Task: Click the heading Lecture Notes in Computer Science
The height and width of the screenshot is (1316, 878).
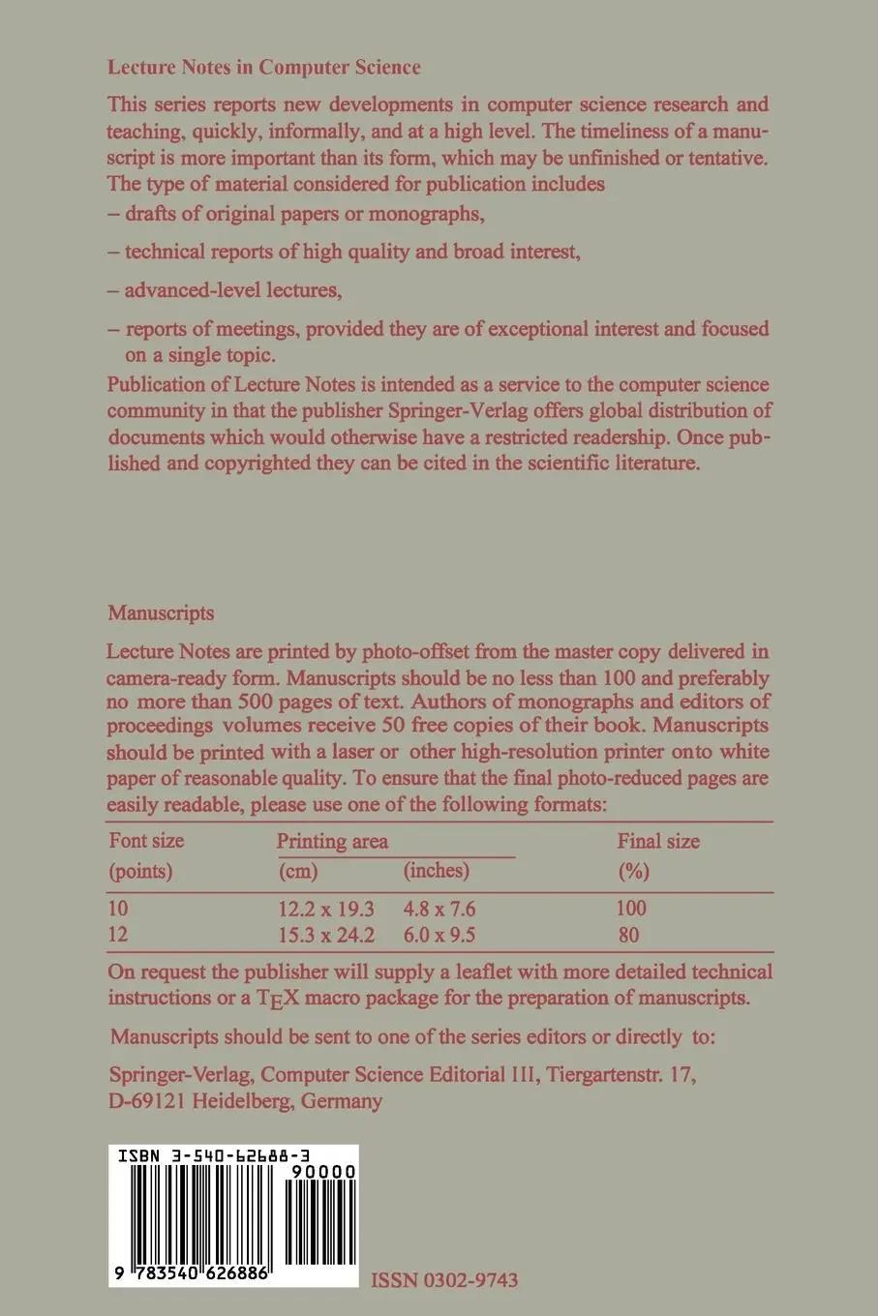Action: pos(264,68)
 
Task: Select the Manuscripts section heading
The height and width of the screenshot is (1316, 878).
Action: pos(161,613)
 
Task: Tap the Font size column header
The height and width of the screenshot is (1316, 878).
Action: pos(146,840)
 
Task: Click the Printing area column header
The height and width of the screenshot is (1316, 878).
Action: pos(332,841)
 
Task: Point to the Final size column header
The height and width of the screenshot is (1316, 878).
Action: pos(658,841)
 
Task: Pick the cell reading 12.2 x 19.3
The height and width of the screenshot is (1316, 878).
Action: pos(326,909)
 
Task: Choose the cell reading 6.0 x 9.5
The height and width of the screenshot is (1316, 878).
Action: pos(439,935)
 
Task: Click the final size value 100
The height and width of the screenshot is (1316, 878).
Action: pos(630,909)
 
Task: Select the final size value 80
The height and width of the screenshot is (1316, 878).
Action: pos(627,935)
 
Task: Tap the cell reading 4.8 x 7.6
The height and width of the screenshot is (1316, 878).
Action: pos(439,909)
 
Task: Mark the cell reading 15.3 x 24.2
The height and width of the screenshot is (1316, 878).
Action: pos(326,935)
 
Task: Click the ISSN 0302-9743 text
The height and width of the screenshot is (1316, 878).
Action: pos(444,1280)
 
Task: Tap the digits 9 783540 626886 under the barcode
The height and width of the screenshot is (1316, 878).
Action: pos(191,1275)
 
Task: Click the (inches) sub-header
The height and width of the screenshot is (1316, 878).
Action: pos(436,870)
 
